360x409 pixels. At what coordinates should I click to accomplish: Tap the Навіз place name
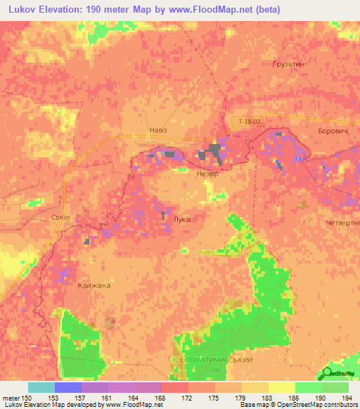(159, 130)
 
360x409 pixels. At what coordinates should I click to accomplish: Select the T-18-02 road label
(250, 122)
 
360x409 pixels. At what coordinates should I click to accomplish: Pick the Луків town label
(182, 219)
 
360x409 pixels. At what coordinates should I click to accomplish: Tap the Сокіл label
(60, 217)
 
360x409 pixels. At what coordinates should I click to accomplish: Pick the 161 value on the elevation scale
(107, 397)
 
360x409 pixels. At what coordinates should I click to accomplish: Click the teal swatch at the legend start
(41, 387)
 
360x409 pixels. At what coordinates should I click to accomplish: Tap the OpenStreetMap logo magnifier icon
(328, 372)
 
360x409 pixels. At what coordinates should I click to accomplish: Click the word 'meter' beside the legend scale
(10, 397)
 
